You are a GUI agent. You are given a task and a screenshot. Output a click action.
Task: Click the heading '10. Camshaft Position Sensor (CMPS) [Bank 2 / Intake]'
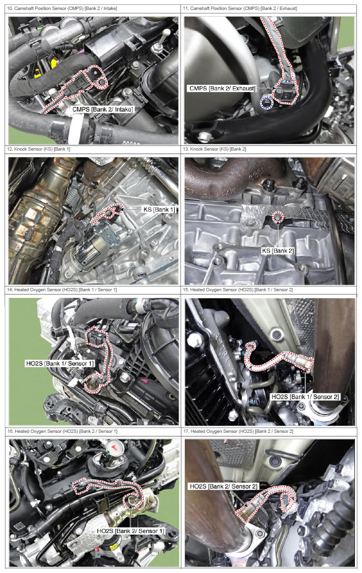point(62,9)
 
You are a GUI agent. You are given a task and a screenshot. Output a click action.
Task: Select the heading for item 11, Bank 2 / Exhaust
point(240,9)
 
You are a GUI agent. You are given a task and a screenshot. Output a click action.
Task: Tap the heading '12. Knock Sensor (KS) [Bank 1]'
point(39,149)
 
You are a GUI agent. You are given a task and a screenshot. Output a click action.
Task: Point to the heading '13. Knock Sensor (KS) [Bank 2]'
point(215,149)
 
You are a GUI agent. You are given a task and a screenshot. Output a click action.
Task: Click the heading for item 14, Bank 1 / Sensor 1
point(62,289)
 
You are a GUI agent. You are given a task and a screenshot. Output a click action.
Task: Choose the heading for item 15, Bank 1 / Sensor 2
point(238,289)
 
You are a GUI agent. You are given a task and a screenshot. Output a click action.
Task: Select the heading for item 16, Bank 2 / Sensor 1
point(62,431)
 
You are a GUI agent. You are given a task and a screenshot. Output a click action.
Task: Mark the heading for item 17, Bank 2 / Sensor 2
point(238,431)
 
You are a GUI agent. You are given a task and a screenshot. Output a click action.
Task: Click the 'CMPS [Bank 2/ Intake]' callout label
point(103,109)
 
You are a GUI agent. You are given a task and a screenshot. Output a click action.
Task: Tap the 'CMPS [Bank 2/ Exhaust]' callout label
point(222,88)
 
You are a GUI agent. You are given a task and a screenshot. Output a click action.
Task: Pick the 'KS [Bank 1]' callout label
point(159,210)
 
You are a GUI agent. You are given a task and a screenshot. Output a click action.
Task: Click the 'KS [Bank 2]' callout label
point(278,251)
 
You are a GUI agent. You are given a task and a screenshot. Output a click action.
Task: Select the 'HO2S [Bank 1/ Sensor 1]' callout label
point(60,363)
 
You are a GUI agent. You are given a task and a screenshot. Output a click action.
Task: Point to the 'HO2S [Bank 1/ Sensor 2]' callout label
point(305,397)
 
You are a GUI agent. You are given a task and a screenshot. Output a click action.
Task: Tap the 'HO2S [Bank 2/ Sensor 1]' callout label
point(131,531)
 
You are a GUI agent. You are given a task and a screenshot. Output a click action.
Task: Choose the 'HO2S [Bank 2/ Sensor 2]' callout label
point(223,486)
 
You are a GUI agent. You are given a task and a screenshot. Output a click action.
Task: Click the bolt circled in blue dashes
point(267,103)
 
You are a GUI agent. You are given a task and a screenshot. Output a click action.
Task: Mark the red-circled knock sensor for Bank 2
point(278,217)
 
